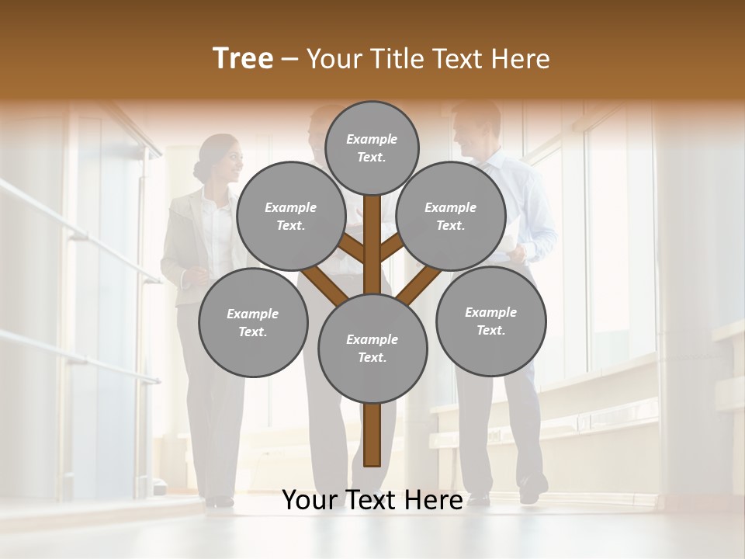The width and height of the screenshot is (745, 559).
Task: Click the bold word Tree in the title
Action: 243,59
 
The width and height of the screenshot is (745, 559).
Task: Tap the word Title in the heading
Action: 395,59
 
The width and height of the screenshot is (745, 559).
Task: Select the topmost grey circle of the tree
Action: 372,148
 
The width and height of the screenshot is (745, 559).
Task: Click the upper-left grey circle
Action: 291,216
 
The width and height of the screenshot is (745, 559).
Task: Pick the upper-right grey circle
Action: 451,216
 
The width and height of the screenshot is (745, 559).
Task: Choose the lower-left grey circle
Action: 253,322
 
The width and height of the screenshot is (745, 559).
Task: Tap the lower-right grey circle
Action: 490,321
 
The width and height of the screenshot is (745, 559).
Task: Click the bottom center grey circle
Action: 372,348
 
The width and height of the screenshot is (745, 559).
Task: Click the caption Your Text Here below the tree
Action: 372,500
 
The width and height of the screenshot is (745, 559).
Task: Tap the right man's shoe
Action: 532,491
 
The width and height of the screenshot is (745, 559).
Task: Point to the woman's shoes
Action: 220,501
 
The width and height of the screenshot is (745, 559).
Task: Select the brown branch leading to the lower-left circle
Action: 324,286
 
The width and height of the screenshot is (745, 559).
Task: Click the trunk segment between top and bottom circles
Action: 372,245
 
